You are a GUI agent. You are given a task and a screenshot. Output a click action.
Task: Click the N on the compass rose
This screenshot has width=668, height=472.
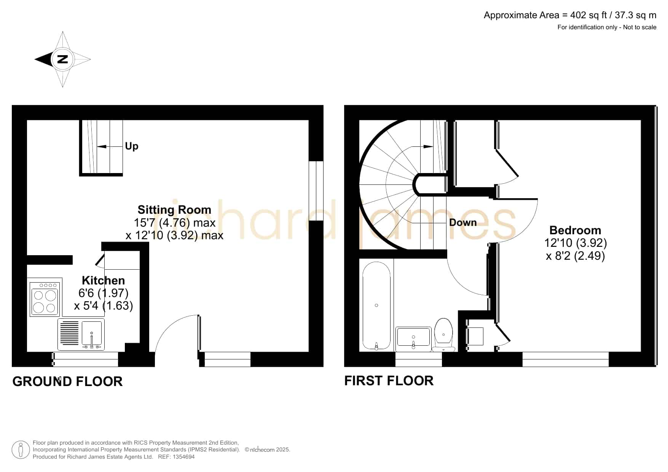[62, 59]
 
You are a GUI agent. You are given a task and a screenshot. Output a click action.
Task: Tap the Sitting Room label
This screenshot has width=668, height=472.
[174, 210]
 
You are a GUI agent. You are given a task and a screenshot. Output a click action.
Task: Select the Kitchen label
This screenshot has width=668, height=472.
[103, 281]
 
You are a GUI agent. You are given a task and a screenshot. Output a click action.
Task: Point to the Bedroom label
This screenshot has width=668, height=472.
[575, 230]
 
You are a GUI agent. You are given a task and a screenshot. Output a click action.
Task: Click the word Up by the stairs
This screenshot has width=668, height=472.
[132, 146]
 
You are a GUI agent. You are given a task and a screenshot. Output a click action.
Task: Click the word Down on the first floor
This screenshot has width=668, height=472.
[463, 222]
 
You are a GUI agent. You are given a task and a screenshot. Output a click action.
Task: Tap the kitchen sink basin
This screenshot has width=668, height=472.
[92, 334]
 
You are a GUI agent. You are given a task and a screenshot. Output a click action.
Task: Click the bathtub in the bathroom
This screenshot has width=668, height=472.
[376, 305]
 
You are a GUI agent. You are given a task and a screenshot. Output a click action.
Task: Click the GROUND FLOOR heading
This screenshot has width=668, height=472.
[67, 381]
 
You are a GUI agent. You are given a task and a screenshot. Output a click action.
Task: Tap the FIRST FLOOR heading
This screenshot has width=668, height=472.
[389, 381]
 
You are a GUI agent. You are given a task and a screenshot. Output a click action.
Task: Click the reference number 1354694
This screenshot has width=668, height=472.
[184, 457]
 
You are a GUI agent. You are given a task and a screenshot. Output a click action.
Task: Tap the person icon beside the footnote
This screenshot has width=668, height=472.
[21, 450]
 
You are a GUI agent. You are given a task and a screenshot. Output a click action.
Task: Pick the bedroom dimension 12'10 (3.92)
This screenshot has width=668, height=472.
[576, 243]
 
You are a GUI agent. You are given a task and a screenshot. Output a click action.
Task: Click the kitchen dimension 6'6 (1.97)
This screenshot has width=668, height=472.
[103, 293]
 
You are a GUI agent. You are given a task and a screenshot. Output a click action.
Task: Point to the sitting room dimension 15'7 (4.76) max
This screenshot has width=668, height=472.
[175, 222]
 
